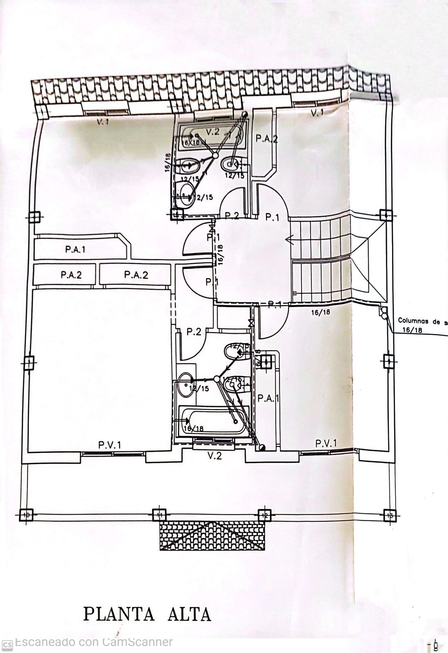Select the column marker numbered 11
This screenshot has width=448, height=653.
(160, 515)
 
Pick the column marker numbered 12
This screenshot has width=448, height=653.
(264, 515)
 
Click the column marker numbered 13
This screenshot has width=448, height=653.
(390, 515)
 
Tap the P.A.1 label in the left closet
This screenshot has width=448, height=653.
(75, 249)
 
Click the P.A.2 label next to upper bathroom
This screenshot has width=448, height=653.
(266, 139)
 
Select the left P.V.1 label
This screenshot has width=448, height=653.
(109, 444)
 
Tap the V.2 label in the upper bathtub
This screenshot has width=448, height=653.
(213, 132)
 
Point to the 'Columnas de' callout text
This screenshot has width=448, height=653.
(422, 321)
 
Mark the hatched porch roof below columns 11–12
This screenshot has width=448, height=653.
(213, 535)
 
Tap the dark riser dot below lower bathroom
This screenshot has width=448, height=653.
(262, 448)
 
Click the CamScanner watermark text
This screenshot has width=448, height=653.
(93, 642)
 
